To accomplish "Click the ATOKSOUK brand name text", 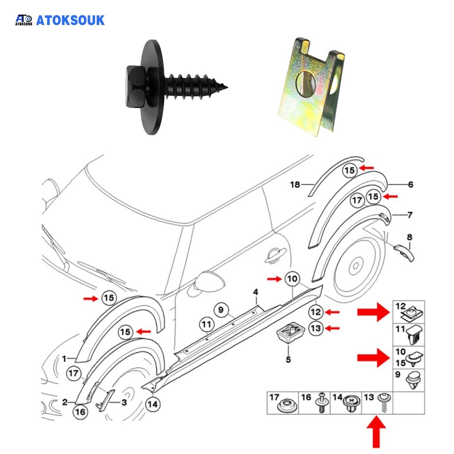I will click(x=70, y=20).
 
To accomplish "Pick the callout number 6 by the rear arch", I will click(x=410, y=184).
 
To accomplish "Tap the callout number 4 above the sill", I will click(x=255, y=291).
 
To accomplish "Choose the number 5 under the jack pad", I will click(x=288, y=360).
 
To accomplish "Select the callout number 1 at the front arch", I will click(x=64, y=358).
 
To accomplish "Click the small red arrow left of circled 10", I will click(x=274, y=279).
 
